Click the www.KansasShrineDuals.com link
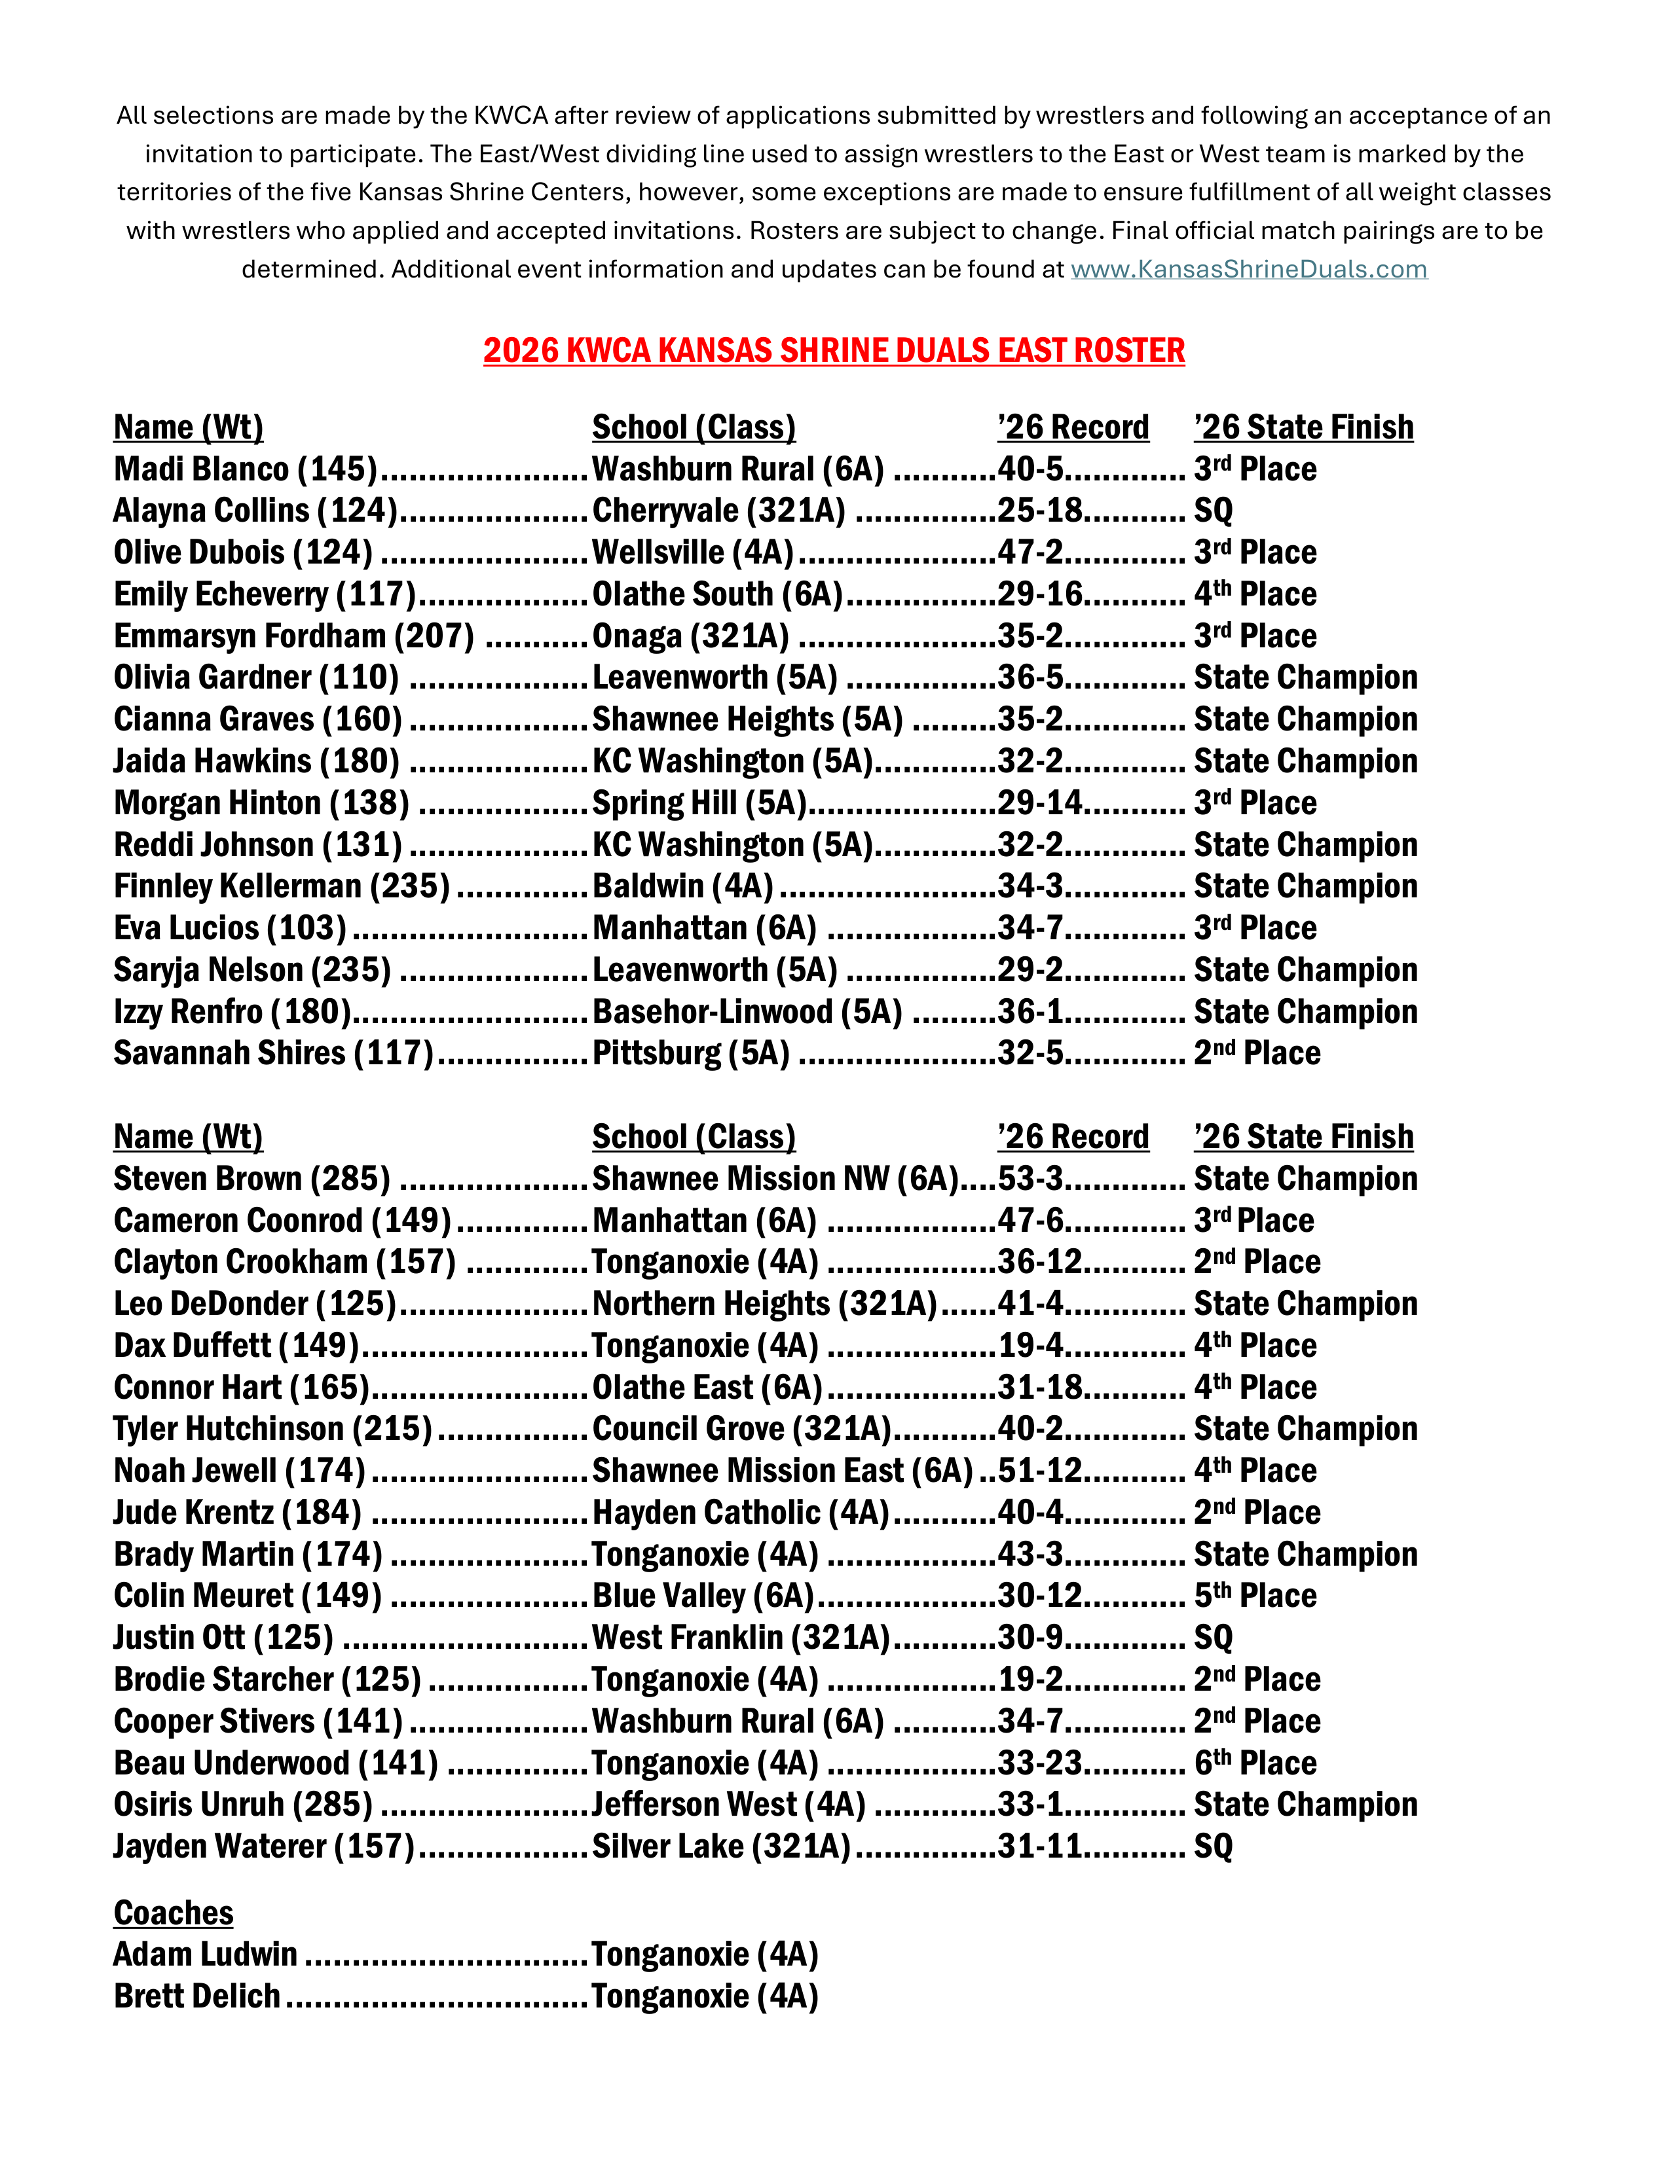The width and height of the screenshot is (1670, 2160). [x=1248, y=269]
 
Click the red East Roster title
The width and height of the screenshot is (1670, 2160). [x=834, y=350]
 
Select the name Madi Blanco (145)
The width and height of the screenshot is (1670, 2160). [x=246, y=469]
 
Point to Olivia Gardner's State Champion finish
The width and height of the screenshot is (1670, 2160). [x=1305, y=677]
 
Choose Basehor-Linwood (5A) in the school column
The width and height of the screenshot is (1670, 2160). [x=747, y=1012]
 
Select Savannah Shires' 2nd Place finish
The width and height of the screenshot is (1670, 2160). [x=1257, y=1053]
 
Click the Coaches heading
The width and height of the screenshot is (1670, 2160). [x=174, y=1913]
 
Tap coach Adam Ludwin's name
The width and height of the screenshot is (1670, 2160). [x=206, y=1954]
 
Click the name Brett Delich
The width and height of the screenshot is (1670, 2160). [x=197, y=1996]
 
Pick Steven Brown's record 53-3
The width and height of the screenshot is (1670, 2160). [x=1030, y=1179]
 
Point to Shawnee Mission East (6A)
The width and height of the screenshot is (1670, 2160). [x=783, y=1471]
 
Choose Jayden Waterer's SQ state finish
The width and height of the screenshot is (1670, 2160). [x=1213, y=1846]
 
